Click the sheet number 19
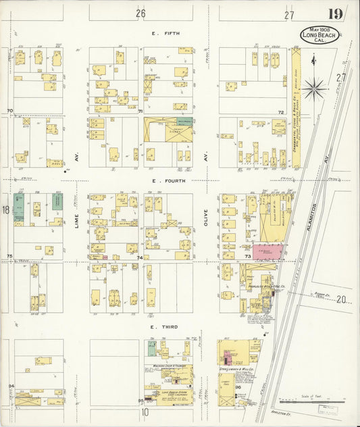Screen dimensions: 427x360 tap(334, 14)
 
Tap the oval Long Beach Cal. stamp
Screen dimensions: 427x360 tap(319, 35)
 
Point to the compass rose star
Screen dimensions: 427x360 tap(313, 86)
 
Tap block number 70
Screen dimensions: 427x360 tap(9, 110)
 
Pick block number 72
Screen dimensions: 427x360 tap(281, 112)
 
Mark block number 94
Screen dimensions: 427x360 tap(10, 385)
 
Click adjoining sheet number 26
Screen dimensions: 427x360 tap(140, 14)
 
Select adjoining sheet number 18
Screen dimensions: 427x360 tap(6, 211)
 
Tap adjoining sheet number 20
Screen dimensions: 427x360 tap(341, 299)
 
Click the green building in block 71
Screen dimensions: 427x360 tap(183, 122)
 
